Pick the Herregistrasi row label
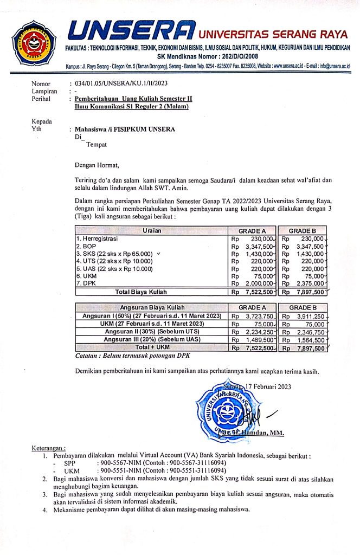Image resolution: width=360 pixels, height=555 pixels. pyautogui.click(x=98, y=238)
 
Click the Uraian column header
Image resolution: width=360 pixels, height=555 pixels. pyautogui.click(x=151, y=230)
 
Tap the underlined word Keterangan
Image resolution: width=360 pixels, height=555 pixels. pyautogui.click(x=49, y=448)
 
